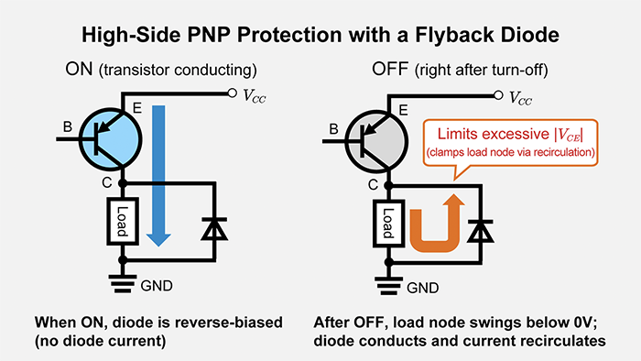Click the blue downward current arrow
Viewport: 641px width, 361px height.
[x=159, y=174]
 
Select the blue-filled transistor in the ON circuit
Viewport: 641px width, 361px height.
[x=106, y=140]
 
